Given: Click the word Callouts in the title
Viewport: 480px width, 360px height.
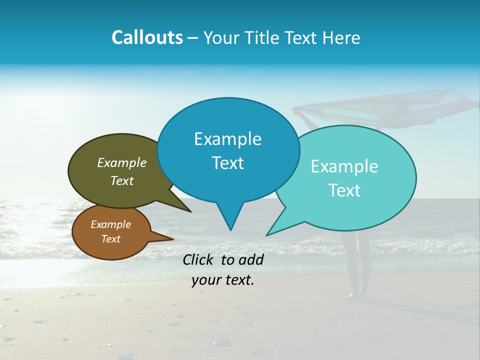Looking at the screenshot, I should coord(147,37).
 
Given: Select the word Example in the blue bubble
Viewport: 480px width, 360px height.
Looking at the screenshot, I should coord(227,139).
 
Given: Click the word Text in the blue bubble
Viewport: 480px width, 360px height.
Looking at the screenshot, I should coord(227,163).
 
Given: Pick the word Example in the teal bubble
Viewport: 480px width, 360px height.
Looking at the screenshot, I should coord(344,166).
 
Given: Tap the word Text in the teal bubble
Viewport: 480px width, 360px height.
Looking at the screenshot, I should coord(344,190).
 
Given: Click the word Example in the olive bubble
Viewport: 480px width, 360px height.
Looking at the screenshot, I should coord(122,162).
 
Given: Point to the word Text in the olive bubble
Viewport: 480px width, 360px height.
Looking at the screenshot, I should coord(122,180).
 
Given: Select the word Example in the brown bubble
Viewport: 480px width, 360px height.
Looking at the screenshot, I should coord(110,224).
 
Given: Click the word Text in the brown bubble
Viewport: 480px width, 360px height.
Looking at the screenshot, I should coord(110,239).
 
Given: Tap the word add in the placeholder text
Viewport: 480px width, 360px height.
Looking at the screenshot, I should coord(251,259).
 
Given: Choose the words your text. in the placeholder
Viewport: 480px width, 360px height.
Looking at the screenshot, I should coord(222,280).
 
